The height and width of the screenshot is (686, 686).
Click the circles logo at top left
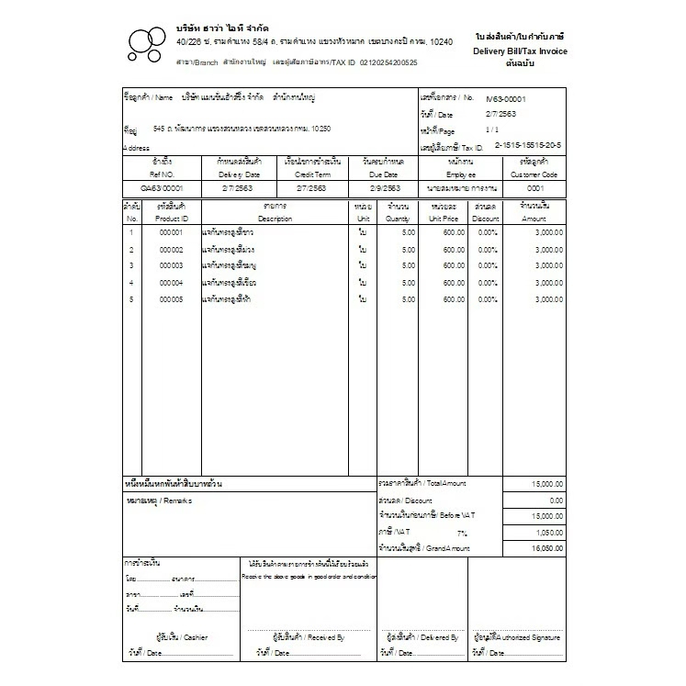[147, 43]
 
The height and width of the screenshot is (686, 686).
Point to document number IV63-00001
[506, 98]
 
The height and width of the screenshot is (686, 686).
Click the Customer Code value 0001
[534, 187]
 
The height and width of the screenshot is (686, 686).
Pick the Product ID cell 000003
[172, 265]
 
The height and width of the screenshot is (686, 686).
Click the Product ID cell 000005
[172, 299]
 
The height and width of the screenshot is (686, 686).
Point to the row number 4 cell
[131, 283]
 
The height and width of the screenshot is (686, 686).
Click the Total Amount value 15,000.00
[546, 483]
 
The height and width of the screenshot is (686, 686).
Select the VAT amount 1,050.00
[548, 533]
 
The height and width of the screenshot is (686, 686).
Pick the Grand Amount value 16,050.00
[546, 548]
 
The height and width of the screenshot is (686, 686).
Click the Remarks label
[153, 500]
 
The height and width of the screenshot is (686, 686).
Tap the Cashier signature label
[183, 636]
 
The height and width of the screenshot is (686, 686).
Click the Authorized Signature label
[517, 636]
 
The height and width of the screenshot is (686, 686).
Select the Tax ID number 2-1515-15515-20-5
[528, 145]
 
